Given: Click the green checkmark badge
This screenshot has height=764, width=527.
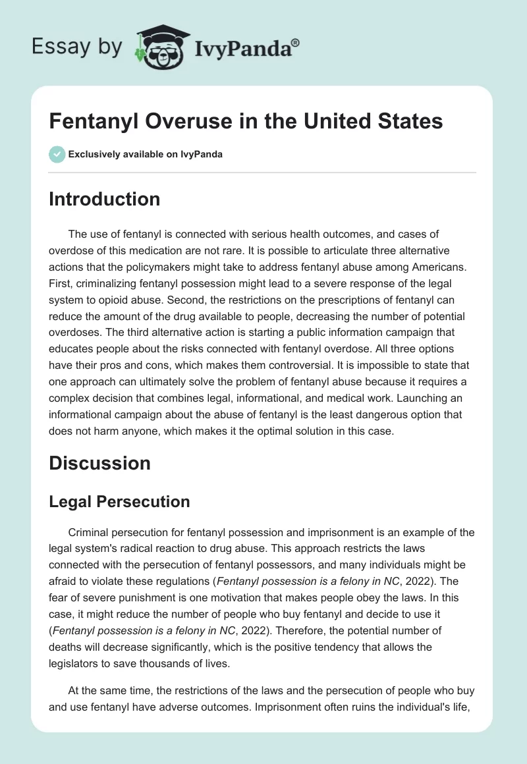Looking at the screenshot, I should (x=57, y=155).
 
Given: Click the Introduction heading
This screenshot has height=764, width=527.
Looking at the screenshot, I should (x=104, y=199).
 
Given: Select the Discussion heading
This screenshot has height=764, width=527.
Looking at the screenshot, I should (x=99, y=463).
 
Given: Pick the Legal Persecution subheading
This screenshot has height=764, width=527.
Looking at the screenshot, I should (x=119, y=501).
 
